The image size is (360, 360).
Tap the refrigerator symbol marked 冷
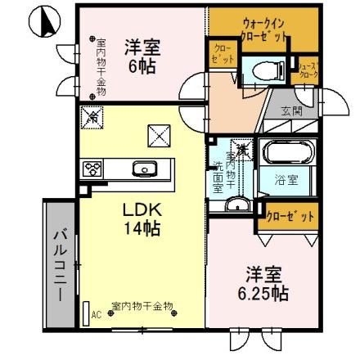tap(92, 116)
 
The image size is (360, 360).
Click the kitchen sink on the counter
tap(146, 169)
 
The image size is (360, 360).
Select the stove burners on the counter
tap(92, 169)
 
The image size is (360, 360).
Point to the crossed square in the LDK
tap(159, 132)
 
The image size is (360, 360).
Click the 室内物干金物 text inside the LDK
tap(142, 304)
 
